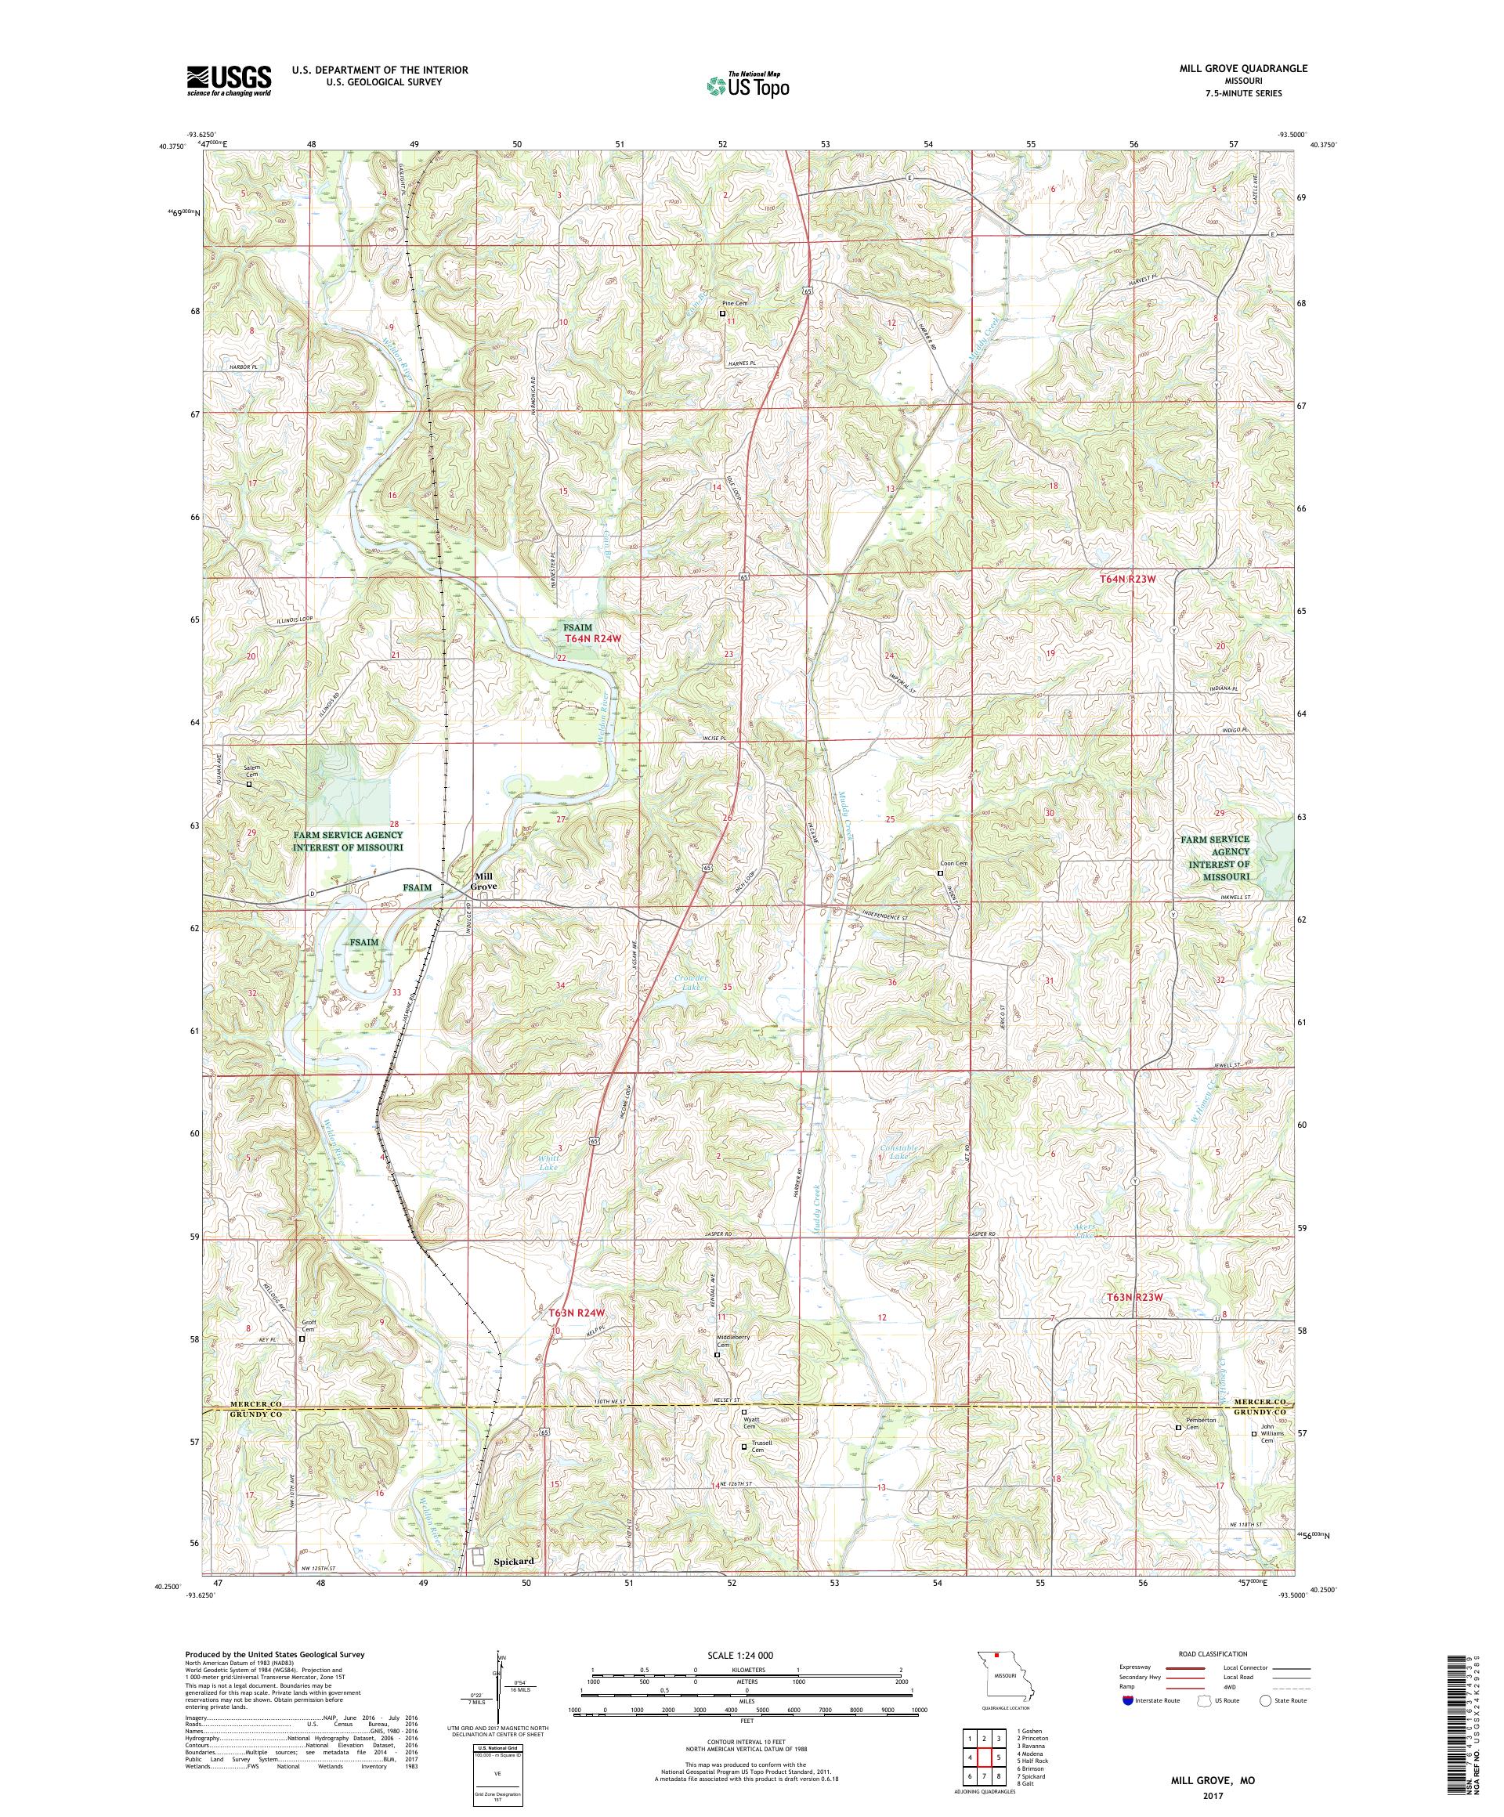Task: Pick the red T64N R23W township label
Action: point(1127,579)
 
